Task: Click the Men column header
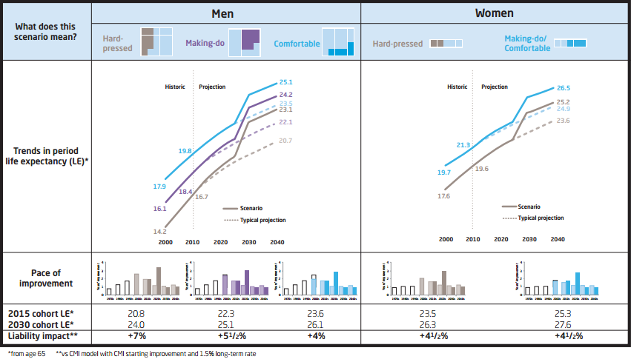pos(226,13)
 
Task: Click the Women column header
pos(494,13)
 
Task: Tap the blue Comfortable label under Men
pos(297,44)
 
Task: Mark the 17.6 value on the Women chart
pos(444,196)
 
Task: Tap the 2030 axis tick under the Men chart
pos(248,242)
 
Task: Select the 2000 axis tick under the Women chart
pos(446,239)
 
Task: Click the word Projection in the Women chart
pos(495,87)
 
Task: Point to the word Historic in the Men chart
pos(174,87)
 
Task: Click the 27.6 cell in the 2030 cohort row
pos(561,325)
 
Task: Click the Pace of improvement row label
pos(47,278)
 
